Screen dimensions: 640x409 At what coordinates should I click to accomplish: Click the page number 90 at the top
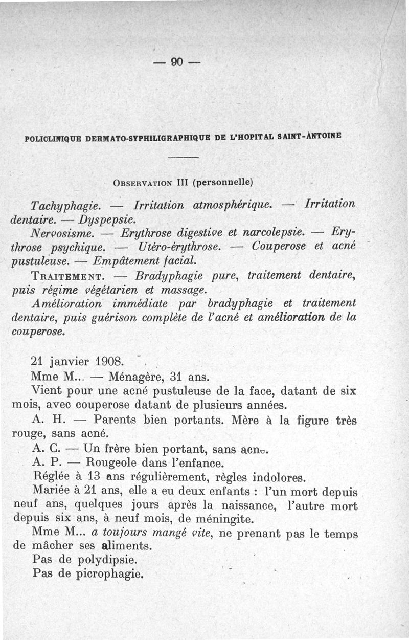177,62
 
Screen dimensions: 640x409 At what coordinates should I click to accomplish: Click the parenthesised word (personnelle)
221,182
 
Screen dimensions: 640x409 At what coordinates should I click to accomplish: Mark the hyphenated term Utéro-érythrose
179,247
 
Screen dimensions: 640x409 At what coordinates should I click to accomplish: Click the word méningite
225,519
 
